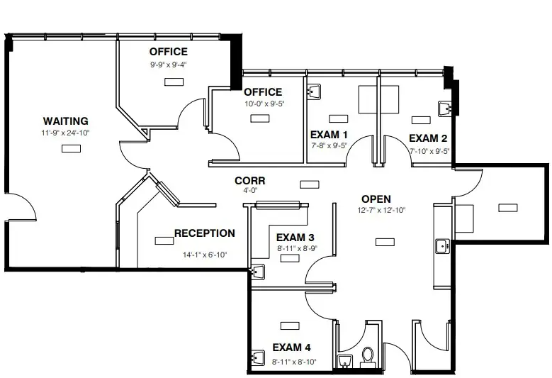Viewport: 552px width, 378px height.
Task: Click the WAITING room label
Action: tap(65, 121)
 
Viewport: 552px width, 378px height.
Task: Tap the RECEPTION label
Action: tap(205, 233)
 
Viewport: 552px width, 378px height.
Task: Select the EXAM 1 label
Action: tap(329, 135)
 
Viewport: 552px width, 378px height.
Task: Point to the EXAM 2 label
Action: tap(428, 138)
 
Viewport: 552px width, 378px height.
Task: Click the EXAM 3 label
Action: tap(295, 238)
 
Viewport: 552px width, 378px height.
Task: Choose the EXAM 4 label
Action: tap(291, 348)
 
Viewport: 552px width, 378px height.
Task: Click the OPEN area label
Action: tap(376, 199)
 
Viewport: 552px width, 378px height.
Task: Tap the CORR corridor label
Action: tap(250, 181)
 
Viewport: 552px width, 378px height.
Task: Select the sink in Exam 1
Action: tap(314, 91)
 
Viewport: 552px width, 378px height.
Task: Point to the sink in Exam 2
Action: tap(445, 109)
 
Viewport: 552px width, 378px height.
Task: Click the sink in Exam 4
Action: tap(258, 358)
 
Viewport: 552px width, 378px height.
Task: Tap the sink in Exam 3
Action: tap(258, 272)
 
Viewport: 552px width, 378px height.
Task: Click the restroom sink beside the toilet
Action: tap(345, 362)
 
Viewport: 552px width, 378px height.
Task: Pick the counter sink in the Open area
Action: tap(442, 246)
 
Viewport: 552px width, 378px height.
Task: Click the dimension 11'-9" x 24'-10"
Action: tap(65, 133)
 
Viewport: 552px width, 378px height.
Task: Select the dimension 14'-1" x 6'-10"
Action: tap(205, 255)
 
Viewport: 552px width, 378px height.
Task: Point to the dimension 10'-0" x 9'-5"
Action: tap(264, 104)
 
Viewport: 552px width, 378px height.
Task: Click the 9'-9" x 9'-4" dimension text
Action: tap(168, 65)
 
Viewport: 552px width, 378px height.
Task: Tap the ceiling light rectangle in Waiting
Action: tap(71, 149)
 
